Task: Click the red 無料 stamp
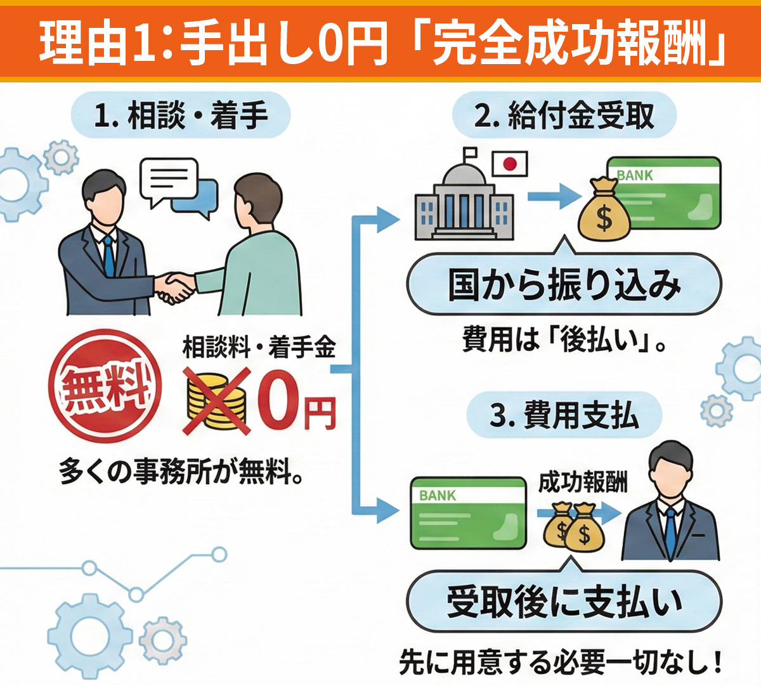(x=105, y=386)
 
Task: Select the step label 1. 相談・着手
(x=181, y=115)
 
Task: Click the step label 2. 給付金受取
(x=564, y=115)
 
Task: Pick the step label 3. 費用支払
(x=564, y=416)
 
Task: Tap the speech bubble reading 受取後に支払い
(x=564, y=602)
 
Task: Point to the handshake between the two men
(x=175, y=287)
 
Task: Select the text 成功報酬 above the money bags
(x=583, y=482)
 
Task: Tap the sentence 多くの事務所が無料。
(x=181, y=471)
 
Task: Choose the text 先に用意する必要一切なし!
(x=561, y=663)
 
